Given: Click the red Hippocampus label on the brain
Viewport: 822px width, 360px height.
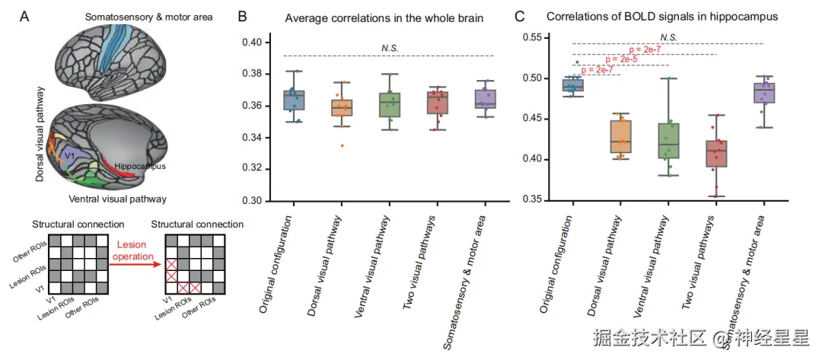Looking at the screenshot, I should click(141, 165).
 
